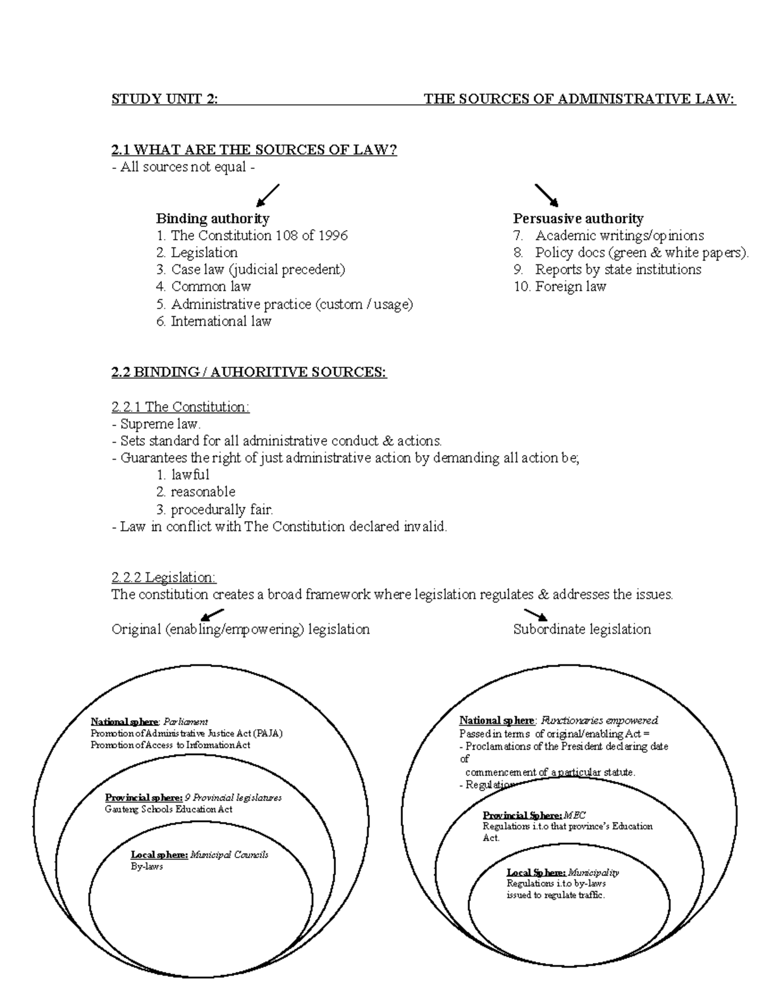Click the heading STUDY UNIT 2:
pyautogui.click(x=164, y=99)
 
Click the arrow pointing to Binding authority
pyautogui.click(x=268, y=195)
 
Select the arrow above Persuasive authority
pyautogui.click(x=546, y=195)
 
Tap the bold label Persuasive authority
pyautogui.click(x=578, y=219)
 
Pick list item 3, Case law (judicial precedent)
pyautogui.click(x=251, y=269)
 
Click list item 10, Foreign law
pyautogui.click(x=560, y=286)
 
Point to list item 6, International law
pyautogui.click(x=214, y=321)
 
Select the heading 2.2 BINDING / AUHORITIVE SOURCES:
pyautogui.click(x=249, y=372)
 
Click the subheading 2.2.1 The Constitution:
pyautogui.click(x=180, y=407)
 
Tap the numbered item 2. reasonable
pyautogui.click(x=195, y=491)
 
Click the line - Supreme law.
pyautogui.click(x=156, y=424)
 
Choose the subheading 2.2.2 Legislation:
pyautogui.click(x=163, y=577)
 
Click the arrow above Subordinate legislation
pyautogui.click(x=535, y=614)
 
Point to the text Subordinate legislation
pyautogui.click(x=582, y=629)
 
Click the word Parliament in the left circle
pyautogui.click(x=185, y=721)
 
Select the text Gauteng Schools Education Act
pyautogui.click(x=168, y=809)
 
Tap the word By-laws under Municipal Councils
pyautogui.click(x=147, y=866)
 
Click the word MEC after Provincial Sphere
pyautogui.click(x=575, y=815)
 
